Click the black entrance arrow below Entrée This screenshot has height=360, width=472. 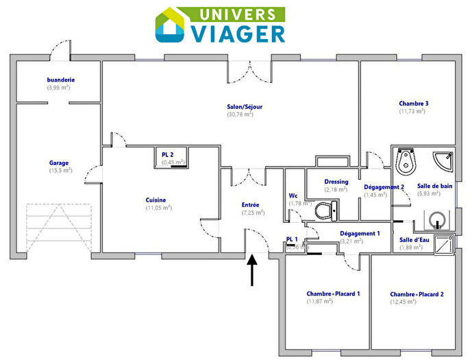pyautogui.click(x=252, y=270)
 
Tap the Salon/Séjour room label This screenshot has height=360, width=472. pyautogui.click(x=245, y=107)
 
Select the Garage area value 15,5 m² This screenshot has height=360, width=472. pyautogui.click(x=59, y=170)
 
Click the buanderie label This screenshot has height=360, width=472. pyautogui.click(x=61, y=80)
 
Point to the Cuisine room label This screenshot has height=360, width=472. pyautogui.click(x=156, y=200)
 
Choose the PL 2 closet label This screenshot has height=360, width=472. pyautogui.click(x=168, y=155)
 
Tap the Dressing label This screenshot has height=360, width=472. pyautogui.click(x=336, y=182)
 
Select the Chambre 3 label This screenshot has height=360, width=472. pyautogui.click(x=414, y=104)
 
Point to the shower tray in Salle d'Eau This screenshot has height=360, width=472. pyautogui.click(x=445, y=245)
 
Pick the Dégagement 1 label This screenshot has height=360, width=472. pyautogui.click(x=360, y=234)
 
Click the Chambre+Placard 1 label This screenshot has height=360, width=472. pyautogui.click(x=333, y=293)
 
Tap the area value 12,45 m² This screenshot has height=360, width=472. pyautogui.click(x=403, y=302)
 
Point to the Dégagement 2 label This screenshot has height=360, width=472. pyautogui.click(x=384, y=187)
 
